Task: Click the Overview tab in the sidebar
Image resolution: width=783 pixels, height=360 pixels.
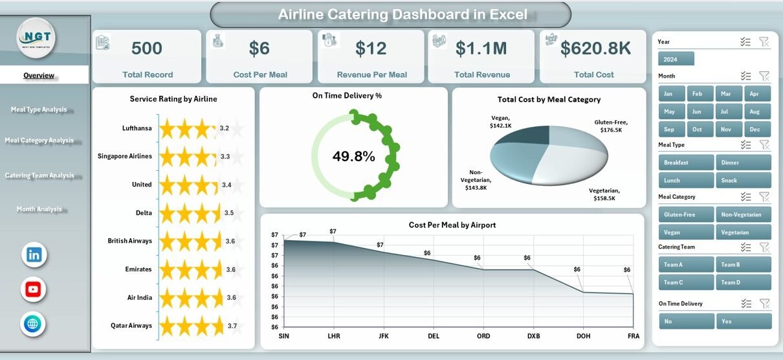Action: click(39, 75)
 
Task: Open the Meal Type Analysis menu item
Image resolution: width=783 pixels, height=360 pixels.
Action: click(39, 109)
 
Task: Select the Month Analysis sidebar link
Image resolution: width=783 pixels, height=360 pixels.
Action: click(39, 209)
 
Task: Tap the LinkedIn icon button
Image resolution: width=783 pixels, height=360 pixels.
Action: click(34, 254)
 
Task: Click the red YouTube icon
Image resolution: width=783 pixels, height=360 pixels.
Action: click(34, 289)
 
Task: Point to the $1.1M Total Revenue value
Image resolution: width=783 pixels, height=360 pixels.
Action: click(481, 49)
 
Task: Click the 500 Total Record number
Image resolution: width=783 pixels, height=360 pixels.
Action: click(147, 49)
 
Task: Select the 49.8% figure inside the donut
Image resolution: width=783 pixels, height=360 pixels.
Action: click(353, 156)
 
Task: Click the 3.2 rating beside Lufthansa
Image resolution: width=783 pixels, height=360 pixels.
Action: click(225, 128)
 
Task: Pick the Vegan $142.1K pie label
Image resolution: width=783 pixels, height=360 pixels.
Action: click(501, 121)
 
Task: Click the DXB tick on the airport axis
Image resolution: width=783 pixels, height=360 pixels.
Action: click(533, 337)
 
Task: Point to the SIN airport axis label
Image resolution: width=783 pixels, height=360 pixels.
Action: click(284, 337)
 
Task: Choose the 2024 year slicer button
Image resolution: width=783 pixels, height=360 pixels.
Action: click(676, 59)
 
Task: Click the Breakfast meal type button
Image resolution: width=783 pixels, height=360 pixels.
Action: click(685, 163)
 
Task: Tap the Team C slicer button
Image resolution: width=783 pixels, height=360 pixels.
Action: click(685, 282)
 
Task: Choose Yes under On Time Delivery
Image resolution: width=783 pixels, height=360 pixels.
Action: click(743, 321)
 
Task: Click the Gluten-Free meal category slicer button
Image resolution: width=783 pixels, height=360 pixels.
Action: click(685, 214)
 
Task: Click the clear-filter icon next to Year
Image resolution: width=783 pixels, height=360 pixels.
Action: click(764, 42)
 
